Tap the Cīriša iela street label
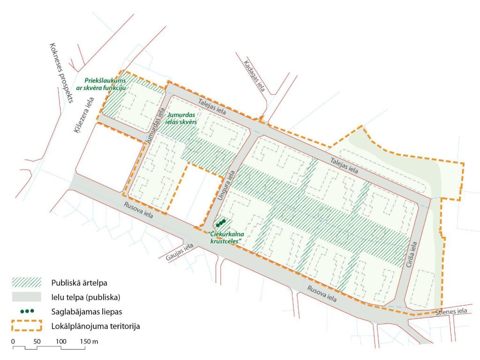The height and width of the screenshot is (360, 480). tap(414, 254)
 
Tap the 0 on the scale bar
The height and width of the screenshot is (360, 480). tap(13, 341)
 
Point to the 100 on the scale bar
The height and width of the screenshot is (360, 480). tap(61, 341)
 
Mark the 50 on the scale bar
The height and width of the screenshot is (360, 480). tap(37, 341)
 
